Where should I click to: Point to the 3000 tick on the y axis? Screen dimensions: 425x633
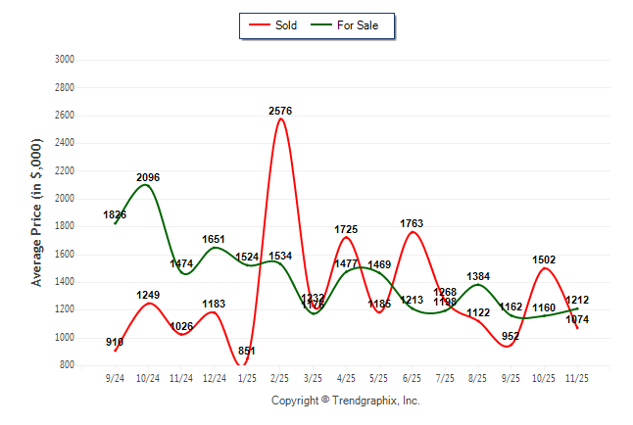tap(64, 59)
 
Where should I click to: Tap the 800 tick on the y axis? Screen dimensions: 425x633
tap(67, 365)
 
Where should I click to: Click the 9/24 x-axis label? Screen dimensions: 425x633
tap(116, 378)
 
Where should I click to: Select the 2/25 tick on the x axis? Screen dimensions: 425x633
tap(280, 378)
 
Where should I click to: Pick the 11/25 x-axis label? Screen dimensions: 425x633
tap(577, 378)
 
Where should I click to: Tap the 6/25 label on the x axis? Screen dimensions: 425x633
tap(413, 378)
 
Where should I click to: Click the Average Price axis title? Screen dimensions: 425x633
tap(37, 212)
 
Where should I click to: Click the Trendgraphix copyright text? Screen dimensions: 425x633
tap(345, 401)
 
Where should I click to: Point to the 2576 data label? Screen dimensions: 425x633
tap(281, 112)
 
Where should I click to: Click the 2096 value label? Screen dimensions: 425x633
tap(148, 177)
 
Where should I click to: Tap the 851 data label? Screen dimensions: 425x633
tap(247, 351)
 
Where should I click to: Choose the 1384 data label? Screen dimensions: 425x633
tap(478, 277)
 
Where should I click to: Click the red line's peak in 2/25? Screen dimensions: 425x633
tap(281, 119)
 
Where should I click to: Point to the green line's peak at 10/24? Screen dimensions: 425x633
tap(146, 185)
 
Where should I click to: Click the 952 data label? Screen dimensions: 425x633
tap(511, 336)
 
